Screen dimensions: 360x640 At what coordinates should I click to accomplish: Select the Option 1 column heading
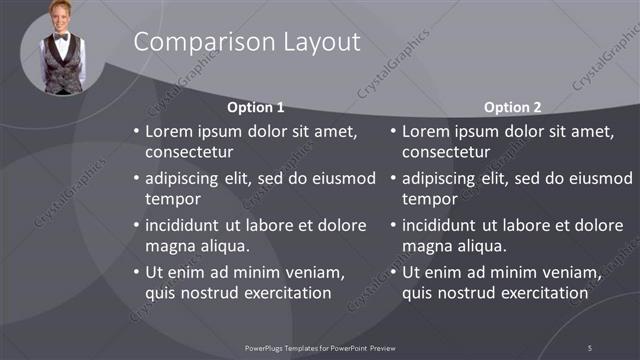pyautogui.click(x=256, y=107)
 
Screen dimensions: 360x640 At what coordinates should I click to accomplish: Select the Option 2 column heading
pyautogui.click(x=512, y=107)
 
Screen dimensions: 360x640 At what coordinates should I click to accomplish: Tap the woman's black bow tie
pyautogui.click(x=62, y=37)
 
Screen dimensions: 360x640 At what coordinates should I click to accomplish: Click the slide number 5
pyautogui.click(x=590, y=347)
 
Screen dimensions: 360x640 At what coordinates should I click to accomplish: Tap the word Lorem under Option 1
pyautogui.click(x=170, y=131)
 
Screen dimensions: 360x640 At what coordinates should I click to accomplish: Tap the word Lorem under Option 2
pyautogui.click(x=427, y=131)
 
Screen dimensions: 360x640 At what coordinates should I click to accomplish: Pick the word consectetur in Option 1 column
pyautogui.click(x=189, y=153)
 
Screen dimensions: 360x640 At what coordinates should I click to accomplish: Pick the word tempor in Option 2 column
pyautogui.click(x=429, y=199)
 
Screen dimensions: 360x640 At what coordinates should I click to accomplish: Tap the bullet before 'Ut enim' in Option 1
pyautogui.click(x=136, y=272)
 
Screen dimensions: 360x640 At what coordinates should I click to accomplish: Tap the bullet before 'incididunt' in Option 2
pyautogui.click(x=393, y=225)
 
